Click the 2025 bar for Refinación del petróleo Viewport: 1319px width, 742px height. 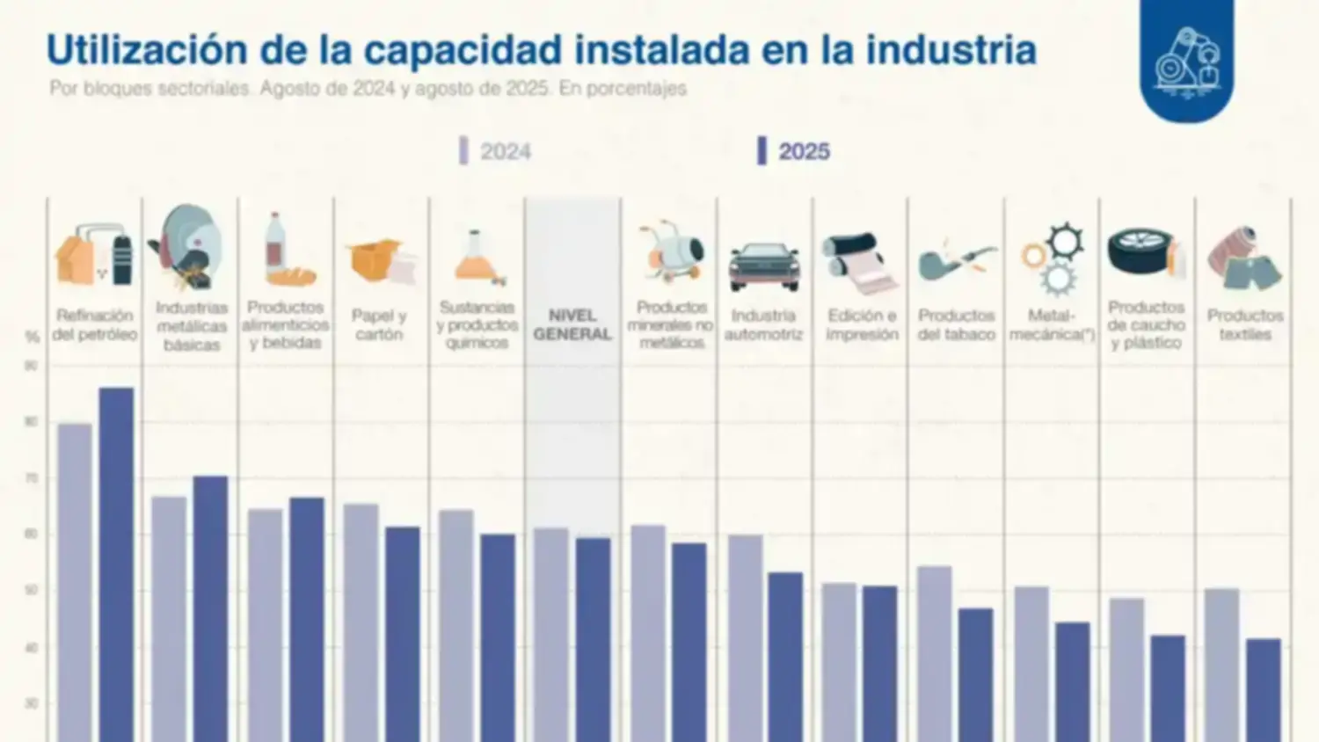116,563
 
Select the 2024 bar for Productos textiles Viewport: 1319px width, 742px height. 1221,664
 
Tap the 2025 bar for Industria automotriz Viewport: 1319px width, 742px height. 785,656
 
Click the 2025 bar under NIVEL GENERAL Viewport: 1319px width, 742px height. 594,638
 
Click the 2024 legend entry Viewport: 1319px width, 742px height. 496,151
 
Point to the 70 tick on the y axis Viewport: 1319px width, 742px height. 32,478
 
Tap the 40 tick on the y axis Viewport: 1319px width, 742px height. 32,648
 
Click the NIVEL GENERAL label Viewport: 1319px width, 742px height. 572,324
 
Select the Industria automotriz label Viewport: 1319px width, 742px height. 763,324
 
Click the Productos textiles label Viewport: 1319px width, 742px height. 1244,324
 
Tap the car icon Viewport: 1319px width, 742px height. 764,265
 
